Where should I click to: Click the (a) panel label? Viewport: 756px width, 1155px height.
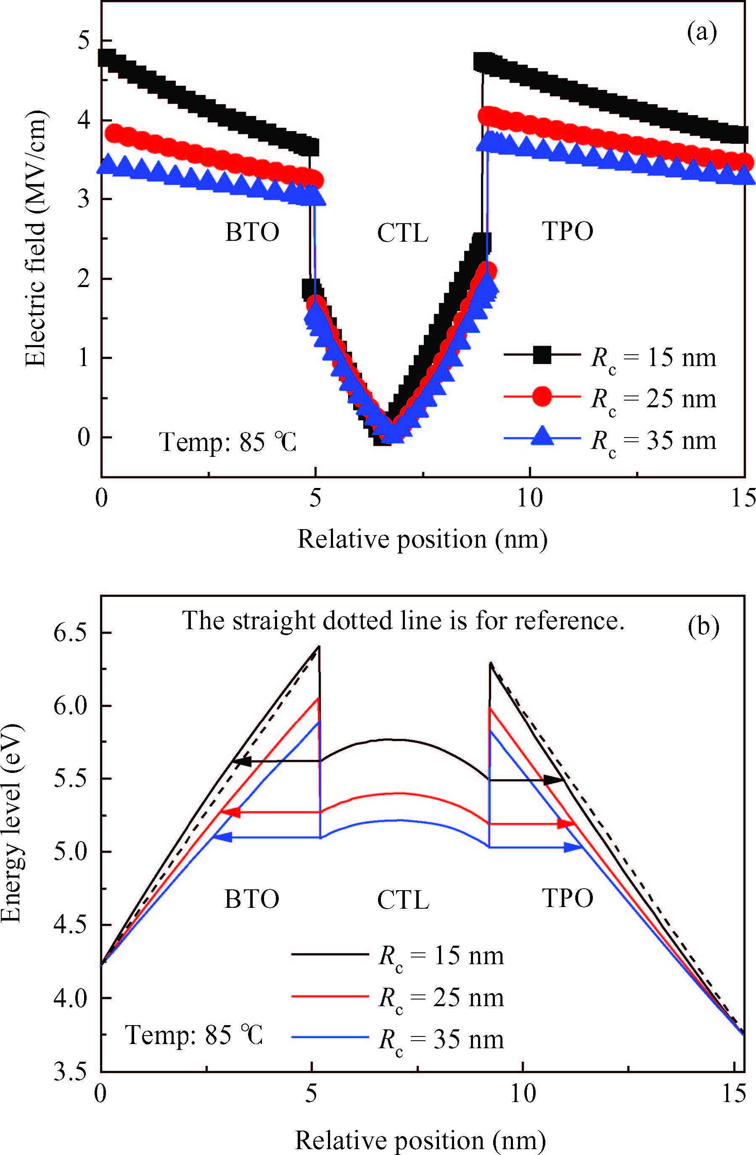tap(702, 33)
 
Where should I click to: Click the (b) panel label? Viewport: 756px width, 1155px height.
tap(703, 627)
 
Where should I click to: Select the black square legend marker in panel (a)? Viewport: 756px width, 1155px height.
tap(542, 355)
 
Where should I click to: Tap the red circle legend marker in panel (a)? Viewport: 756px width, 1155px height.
tap(542, 396)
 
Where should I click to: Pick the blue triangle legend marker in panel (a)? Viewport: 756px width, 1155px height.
tap(542, 436)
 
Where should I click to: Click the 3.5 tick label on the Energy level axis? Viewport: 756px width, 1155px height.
tap(70, 1071)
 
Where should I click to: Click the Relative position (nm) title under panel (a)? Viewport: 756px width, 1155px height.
tap(422, 539)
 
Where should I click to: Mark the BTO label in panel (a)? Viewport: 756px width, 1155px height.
tap(252, 232)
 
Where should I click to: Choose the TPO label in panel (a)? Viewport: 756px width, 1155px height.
tap(567, 231)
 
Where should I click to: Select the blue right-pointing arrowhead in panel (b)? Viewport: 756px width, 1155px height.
tap(573, 848)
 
